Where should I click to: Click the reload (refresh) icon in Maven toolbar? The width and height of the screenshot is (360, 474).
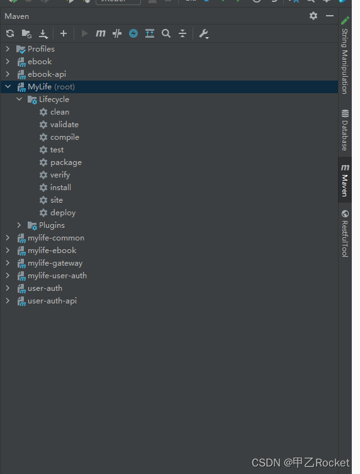point(10,33)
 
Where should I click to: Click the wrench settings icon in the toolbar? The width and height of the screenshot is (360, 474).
point(204,33)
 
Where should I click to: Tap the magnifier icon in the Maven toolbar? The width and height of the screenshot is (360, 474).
point(166,33)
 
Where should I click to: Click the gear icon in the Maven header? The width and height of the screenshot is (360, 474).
point(313,16)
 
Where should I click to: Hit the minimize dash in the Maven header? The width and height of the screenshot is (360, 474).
point(330,16)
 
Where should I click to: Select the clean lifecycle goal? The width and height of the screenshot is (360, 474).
point(60,112)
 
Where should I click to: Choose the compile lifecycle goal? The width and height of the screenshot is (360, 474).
point(65,137)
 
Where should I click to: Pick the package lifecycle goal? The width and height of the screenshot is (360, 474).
point(66,162)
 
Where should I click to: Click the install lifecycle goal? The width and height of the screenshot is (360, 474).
point(60,188)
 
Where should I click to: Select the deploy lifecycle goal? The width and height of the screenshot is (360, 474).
point(63,213)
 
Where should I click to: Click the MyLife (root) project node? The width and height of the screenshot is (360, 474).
point(51,87)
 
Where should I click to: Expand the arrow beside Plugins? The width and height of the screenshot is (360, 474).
point(19,225)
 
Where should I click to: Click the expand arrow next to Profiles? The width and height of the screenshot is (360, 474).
point(8,49)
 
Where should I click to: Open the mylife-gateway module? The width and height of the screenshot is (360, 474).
point(55,263)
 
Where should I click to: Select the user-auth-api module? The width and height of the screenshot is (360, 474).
point(52,301)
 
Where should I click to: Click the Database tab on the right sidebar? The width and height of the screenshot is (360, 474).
point(345,130)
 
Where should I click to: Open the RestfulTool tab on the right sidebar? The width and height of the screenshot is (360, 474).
point(345,234)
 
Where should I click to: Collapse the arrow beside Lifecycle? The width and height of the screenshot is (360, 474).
point(19,99)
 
